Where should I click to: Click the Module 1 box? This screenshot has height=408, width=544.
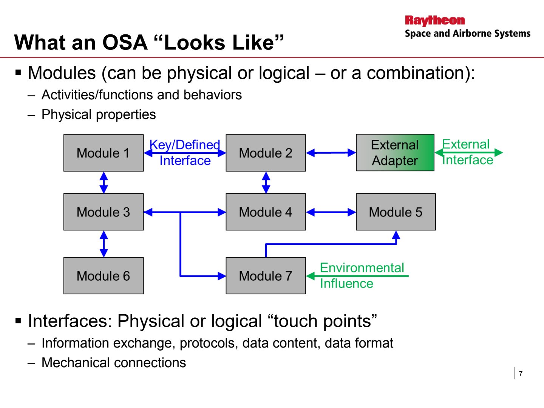tap(104, 153)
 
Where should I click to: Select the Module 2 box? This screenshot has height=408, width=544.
tap(266, 153)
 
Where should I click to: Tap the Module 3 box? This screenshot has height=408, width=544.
tap(104, 212)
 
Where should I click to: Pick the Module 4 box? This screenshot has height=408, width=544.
tap(266, 212)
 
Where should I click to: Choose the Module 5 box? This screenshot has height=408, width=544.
tap(396, 212)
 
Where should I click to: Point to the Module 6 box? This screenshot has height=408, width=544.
tap(104, 276)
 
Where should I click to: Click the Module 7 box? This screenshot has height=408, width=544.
tap(266, 276)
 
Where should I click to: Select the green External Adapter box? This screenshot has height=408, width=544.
tap(395, 153)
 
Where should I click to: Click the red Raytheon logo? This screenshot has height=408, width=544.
tap(435, 21)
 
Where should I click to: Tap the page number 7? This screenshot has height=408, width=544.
tap(521, 373)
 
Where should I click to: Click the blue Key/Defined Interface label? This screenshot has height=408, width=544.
tap(185, 153)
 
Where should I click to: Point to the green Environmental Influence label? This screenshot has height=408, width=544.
tap(362, 275)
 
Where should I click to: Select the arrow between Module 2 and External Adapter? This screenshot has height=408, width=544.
tap(331, 153)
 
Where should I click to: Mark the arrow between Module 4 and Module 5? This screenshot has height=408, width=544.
tap(331, 212)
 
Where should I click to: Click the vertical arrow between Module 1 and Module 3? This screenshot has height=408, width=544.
tap(104, 182)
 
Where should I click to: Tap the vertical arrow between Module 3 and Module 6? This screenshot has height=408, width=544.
tap(104, 244)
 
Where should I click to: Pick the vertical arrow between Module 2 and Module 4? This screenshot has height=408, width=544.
tap(266, 182)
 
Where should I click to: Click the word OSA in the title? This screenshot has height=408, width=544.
tap(125, 43)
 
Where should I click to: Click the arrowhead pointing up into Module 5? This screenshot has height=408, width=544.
tap(396, 235)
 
